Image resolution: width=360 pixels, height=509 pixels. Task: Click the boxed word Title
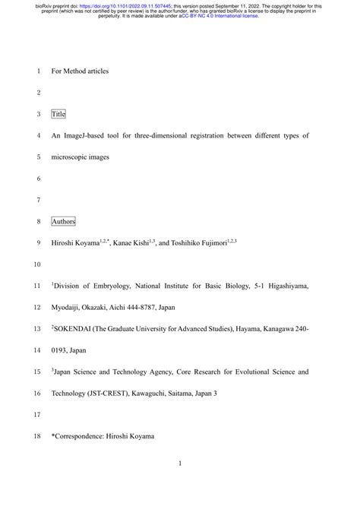click(58, 114)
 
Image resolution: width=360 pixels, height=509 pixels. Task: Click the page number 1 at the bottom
click(180, 484)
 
